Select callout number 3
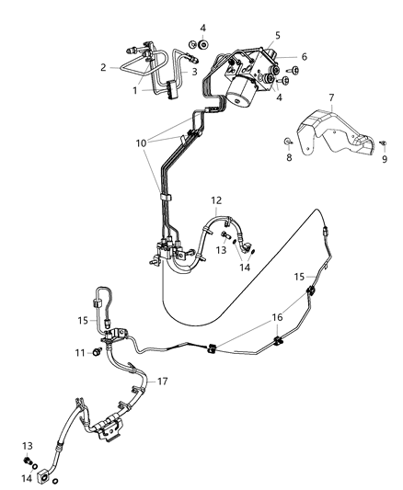[x=195, y=72]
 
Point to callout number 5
[x=276, y=36]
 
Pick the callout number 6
[x=305, y=56]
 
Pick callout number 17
[x=162, y=382]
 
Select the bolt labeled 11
[x=96, y=352]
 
